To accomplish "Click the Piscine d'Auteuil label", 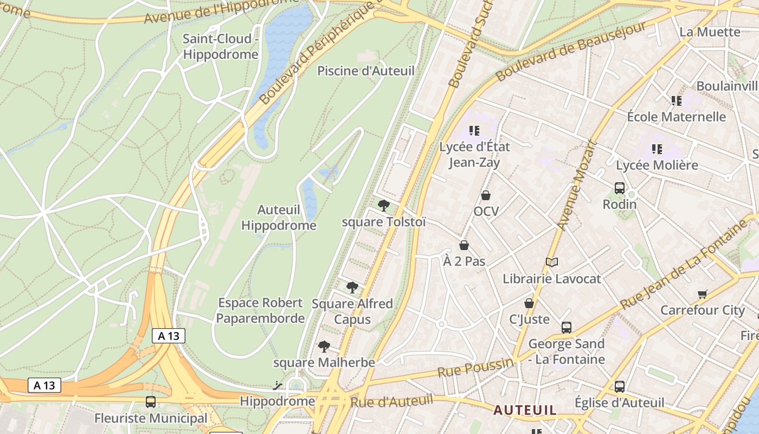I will point(365,71).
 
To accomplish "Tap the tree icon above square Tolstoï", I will point(384,205).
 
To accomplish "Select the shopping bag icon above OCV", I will point(486,195).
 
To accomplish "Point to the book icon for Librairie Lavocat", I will point(552,263).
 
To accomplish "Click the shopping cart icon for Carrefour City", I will point(703,294).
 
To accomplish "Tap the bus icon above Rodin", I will point(620,188).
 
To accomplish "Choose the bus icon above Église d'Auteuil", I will point(620,387).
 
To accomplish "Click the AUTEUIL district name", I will point(524,410).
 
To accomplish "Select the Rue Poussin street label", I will point(475,368).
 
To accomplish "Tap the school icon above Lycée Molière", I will point(657,149).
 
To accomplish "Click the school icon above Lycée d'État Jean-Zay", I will point(474,130).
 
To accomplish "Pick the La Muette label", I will point(710,32).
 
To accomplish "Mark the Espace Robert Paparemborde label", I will point(260,310).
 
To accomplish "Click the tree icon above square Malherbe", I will point(324,346).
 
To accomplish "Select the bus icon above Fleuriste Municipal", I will point(151,402).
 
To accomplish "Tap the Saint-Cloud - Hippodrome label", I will point(220,47).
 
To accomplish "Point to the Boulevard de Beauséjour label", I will point(571,52).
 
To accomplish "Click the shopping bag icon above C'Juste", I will point(529,303).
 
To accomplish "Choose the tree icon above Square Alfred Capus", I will point(352,287).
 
